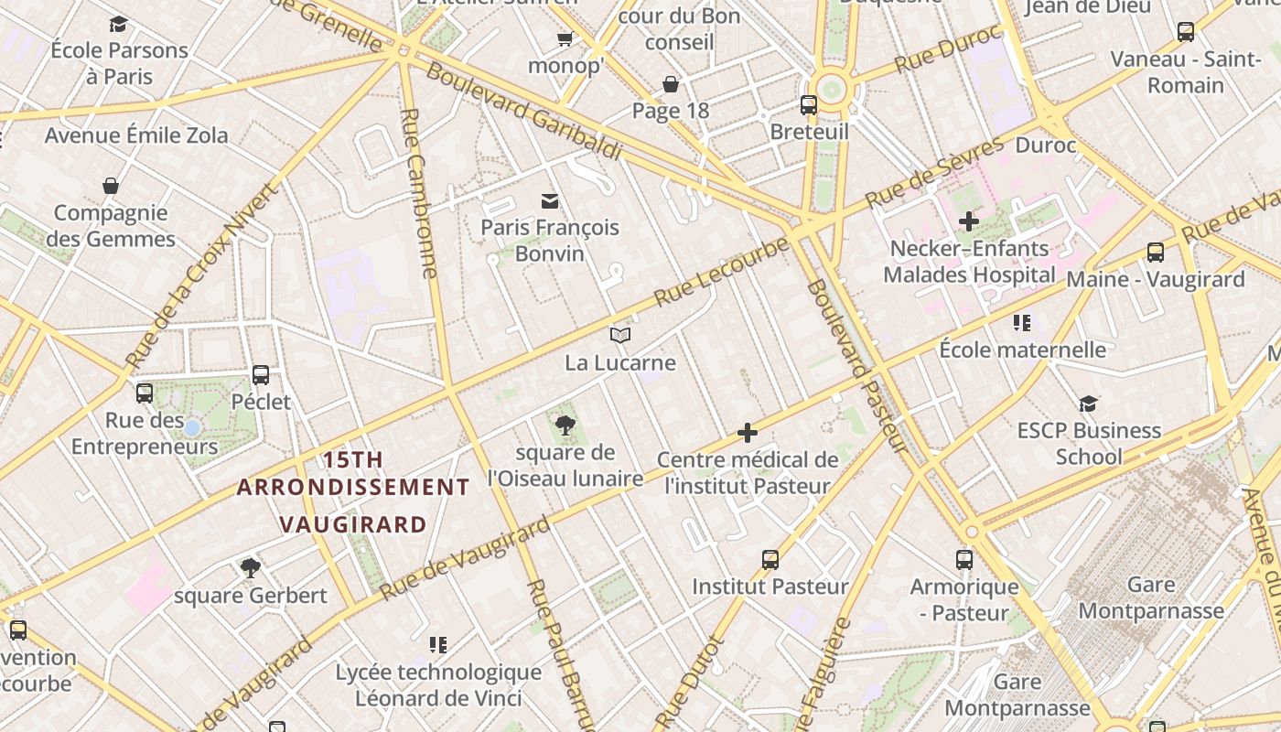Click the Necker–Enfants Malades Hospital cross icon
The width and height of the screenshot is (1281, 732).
[x=969, y=221]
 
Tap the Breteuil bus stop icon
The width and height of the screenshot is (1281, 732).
[x=809, y=104]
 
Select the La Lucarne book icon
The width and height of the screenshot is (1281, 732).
[x=620, y=335]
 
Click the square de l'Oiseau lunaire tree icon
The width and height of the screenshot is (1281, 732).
[x=565, y=425]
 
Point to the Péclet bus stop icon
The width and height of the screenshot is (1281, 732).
[x=261, y=374]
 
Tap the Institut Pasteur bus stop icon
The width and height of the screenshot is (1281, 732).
[x=770, y=559]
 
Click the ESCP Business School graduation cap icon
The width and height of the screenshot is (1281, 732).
[x=1088, y=404]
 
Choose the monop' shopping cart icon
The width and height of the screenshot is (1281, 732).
[x=565, y=38]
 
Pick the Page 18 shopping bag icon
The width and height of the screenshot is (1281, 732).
[x=671, y=84]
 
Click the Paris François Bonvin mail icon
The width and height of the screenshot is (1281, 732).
[x=550, y=200]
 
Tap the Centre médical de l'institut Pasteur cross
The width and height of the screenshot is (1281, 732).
[x=748, y=432]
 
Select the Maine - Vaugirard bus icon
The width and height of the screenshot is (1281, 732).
[x=1156, y=252]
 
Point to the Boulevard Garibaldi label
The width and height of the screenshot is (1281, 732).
[x=523, y=112]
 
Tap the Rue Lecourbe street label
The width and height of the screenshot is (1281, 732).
[x=722, y=272]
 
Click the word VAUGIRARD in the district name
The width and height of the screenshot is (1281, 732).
[x=353, y=524]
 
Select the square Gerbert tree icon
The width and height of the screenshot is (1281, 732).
[x=250, y=567]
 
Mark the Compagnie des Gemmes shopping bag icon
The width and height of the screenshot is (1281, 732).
[x=111, y=186]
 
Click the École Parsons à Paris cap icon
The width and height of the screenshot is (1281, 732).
[x=118, y=24]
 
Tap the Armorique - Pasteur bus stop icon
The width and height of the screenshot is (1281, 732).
[x=964, y=559]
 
